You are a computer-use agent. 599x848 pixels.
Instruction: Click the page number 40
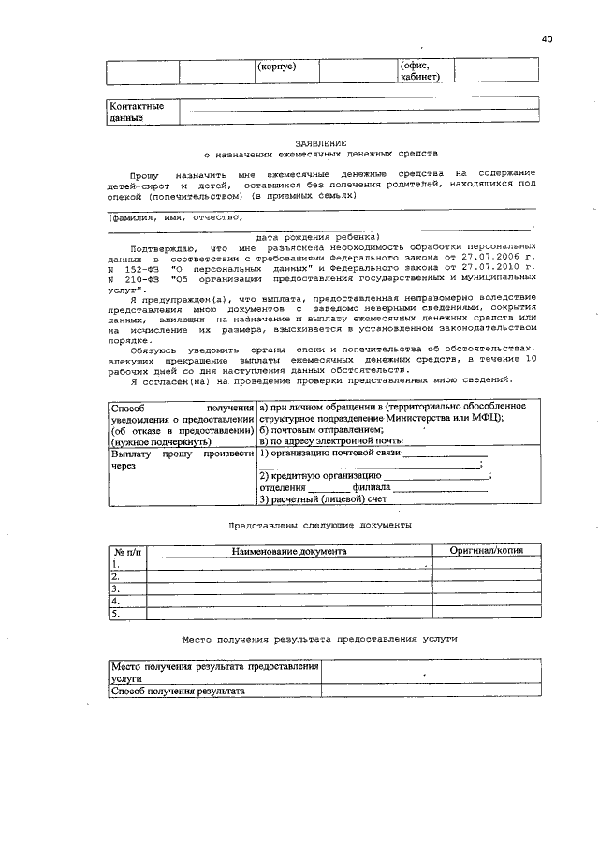click(547, 38)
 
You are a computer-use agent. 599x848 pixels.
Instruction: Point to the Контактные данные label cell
click(137, 112)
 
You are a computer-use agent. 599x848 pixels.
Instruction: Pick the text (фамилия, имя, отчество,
click(175, 216)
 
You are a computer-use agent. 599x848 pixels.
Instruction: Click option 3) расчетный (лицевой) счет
click(310, 499)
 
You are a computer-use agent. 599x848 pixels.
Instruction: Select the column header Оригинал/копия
click(486, 551)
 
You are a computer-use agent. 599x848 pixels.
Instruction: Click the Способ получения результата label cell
click(178, 691)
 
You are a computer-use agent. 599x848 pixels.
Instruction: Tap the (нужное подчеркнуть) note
click(154, 440)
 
